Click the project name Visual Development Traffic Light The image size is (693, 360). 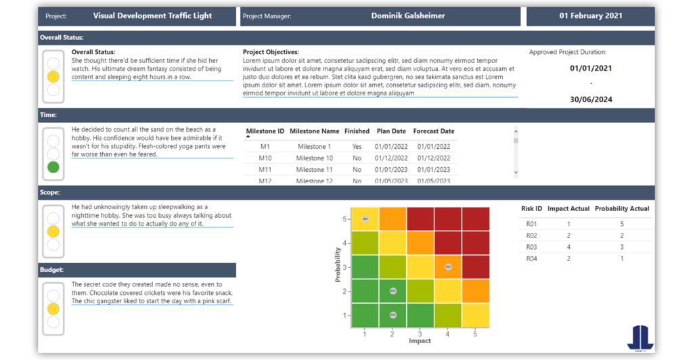pos(152,16)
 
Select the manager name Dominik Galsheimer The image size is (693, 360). pos(409,16)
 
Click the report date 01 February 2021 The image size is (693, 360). pos(591,16)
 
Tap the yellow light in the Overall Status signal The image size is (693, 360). pos(53,76)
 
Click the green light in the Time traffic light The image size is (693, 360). pos(53,167)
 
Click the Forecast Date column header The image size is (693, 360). pos(433,131)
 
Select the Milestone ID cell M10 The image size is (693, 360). pos(265,158)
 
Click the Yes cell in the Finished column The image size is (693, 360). pos(357,146)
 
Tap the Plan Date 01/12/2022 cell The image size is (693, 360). pos(391,158)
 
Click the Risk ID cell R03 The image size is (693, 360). pos(531,247)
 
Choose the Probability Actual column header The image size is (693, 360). pos(622,208)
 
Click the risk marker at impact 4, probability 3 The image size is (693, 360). pos(448,267)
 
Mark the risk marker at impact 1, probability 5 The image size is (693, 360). pos(365,219)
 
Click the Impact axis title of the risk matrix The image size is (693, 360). pos(420,341)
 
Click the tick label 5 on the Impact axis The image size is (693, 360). pos(475,334)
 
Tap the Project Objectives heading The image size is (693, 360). pos(271,52)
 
